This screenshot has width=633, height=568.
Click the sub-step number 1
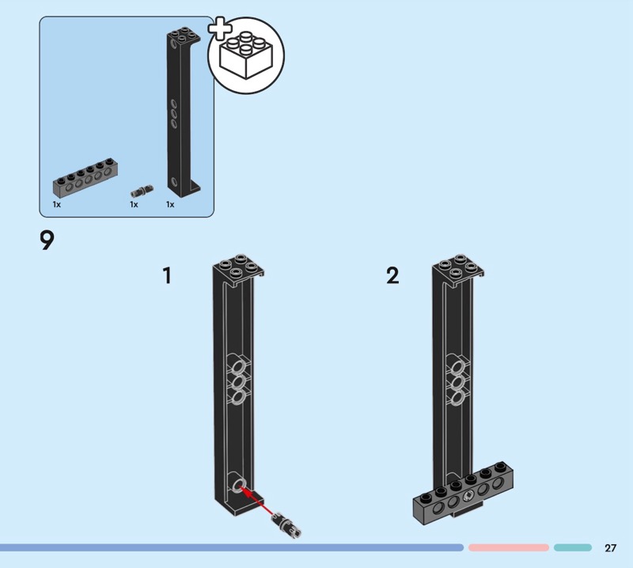pyautogui.click(x=167, y=276)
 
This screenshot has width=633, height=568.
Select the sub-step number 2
pyautogui.click(x=392, y=276)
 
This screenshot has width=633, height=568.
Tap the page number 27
pyautogui.click(x=610, y=548)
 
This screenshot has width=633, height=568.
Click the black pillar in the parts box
pyautogui.click(x=180, y=111)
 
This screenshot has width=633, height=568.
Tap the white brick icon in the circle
pyautogui.click(x=246, y=56)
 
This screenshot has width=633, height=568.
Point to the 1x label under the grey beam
pyautogui.click(x=57, y=205)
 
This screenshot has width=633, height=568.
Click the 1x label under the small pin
pyautogui.click(x=134, y=205)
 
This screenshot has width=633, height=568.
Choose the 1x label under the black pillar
pyautogui.click(x=169, y=205)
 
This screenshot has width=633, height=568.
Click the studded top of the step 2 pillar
pyautogui.click(x=457, y=267)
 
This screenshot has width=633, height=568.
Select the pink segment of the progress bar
pyautogui.click(x=508, y=547)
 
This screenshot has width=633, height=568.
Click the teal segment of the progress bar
pyautogui.click(x=572, y=547)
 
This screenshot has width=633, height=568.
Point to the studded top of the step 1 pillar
pyautogui.click(x=237, y=267)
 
